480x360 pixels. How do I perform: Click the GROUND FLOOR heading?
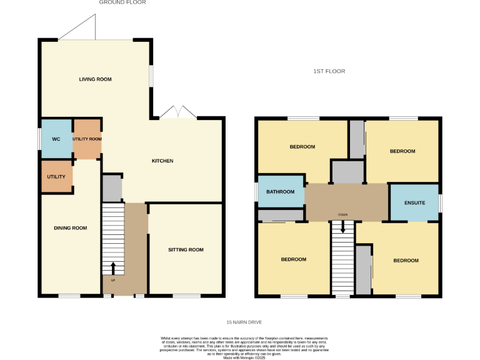pos(122,2)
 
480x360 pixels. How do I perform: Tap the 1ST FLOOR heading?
pos(329,71)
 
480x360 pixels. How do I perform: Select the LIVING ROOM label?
pos(95,79)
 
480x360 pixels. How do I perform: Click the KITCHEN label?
pos(162,161)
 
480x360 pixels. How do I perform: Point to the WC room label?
pos(56,139)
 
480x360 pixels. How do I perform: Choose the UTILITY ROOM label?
pos(87,139)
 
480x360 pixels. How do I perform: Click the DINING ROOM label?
pos(70,228)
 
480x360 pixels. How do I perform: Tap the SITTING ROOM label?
pos(186,250)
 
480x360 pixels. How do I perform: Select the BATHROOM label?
pos(280,192)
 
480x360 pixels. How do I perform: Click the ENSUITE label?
pos(415,202)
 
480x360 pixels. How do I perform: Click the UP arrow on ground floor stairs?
pos(113,268)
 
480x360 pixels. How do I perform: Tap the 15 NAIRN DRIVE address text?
pos(244,322)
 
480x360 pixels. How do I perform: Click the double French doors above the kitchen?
pos(178,112)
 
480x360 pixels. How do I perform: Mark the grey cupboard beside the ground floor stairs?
pos(112,188)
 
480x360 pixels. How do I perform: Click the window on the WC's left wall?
pos(40,139)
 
